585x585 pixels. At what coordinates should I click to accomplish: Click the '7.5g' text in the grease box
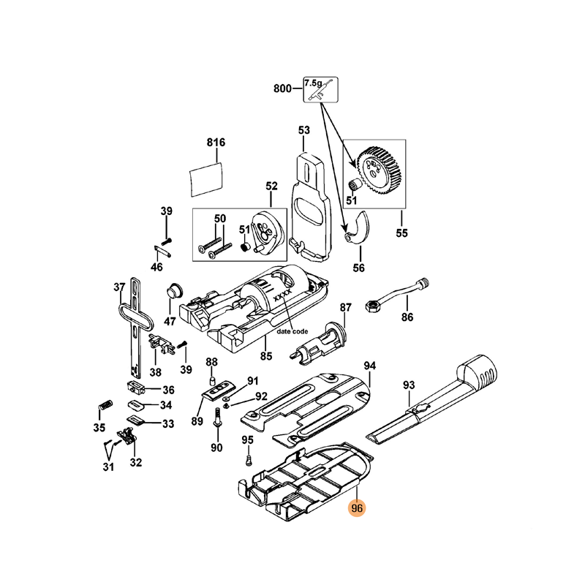[x=313, y=84]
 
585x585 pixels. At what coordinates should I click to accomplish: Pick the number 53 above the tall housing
[x=304, y=130]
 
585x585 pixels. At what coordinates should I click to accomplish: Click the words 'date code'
[x=292, y=331]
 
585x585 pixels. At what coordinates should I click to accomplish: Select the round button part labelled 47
[x=173, y=290]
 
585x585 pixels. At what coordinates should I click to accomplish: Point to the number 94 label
[x=370, y=365]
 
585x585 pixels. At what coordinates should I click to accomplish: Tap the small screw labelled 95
[x=249, y=460]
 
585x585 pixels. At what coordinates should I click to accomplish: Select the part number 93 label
[x=409, y=385]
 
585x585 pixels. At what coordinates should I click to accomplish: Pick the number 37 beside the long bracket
[x=119, y=287]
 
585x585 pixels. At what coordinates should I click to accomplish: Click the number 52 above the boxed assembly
[x=272, y=186]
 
